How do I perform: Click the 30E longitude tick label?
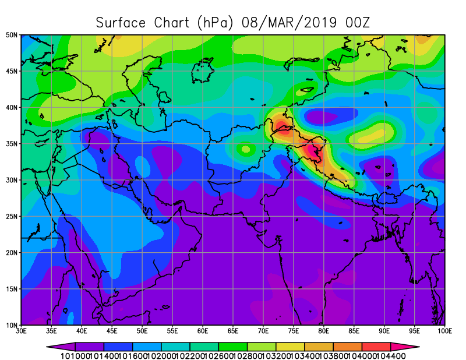(22, 331)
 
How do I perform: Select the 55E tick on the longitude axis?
(172, 331)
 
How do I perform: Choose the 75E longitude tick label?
(294, 331)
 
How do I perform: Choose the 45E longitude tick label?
(112, 331)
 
